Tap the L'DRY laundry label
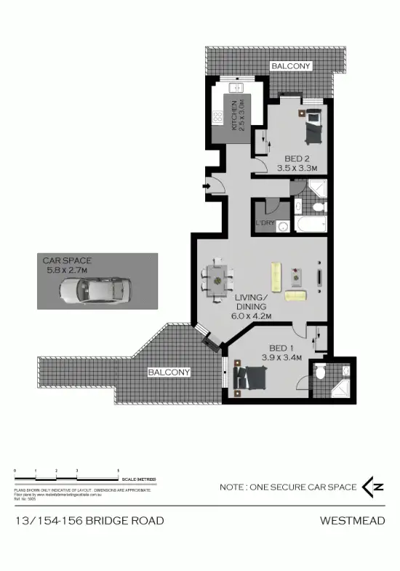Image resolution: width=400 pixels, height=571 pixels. [x=265, y=223]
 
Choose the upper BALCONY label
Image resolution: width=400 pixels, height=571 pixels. [x=291, y=66]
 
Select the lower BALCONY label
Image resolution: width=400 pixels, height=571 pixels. [x=169, y=372]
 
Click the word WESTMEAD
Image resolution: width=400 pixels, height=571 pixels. [x=352, y=520]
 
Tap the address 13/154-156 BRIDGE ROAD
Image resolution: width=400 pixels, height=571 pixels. [x=89, y=520]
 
